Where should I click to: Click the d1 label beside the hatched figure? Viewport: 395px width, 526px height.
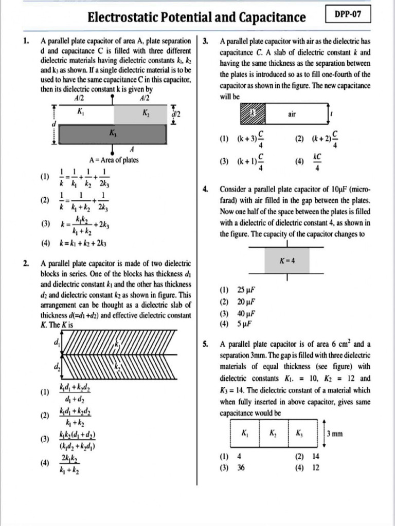56,342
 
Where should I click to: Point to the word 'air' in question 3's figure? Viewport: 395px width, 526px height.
292,115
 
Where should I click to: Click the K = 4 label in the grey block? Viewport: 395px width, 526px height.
287,260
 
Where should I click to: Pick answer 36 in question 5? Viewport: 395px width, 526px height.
241,468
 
